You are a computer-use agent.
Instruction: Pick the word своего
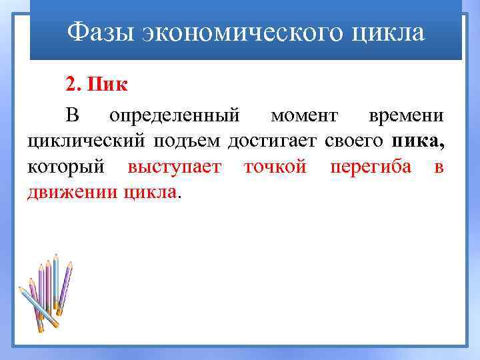tap(354, 141)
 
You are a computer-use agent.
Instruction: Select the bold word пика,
tap(418, 141)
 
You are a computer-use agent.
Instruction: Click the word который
tap(71, 167)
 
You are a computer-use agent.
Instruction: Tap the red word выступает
tap(175, 167)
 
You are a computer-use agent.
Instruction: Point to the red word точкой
tap(275, 167)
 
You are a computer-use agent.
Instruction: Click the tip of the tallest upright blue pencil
tap(56, 256)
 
